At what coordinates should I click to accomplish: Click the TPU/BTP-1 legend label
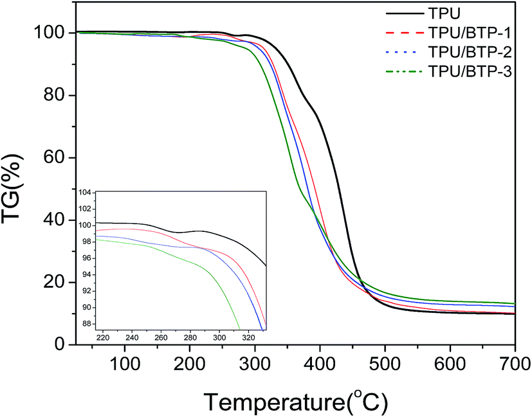(470, 33)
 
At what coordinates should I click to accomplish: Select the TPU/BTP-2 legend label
(470, 52)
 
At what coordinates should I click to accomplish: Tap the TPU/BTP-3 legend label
(470, 71)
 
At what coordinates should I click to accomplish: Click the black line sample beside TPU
(405, 14)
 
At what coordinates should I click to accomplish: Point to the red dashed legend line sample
(405, 33)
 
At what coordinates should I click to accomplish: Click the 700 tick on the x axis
(515, 364)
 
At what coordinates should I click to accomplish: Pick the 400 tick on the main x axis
(320, 364)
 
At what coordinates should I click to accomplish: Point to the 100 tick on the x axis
(125, 364)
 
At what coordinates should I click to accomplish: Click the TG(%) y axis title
(12, 188)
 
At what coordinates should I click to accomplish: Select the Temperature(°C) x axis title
(295, 402)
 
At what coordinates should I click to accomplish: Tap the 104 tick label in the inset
(84, 193)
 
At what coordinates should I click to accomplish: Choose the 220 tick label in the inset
(103, 338)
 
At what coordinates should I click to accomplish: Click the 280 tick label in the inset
(190, 338)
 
